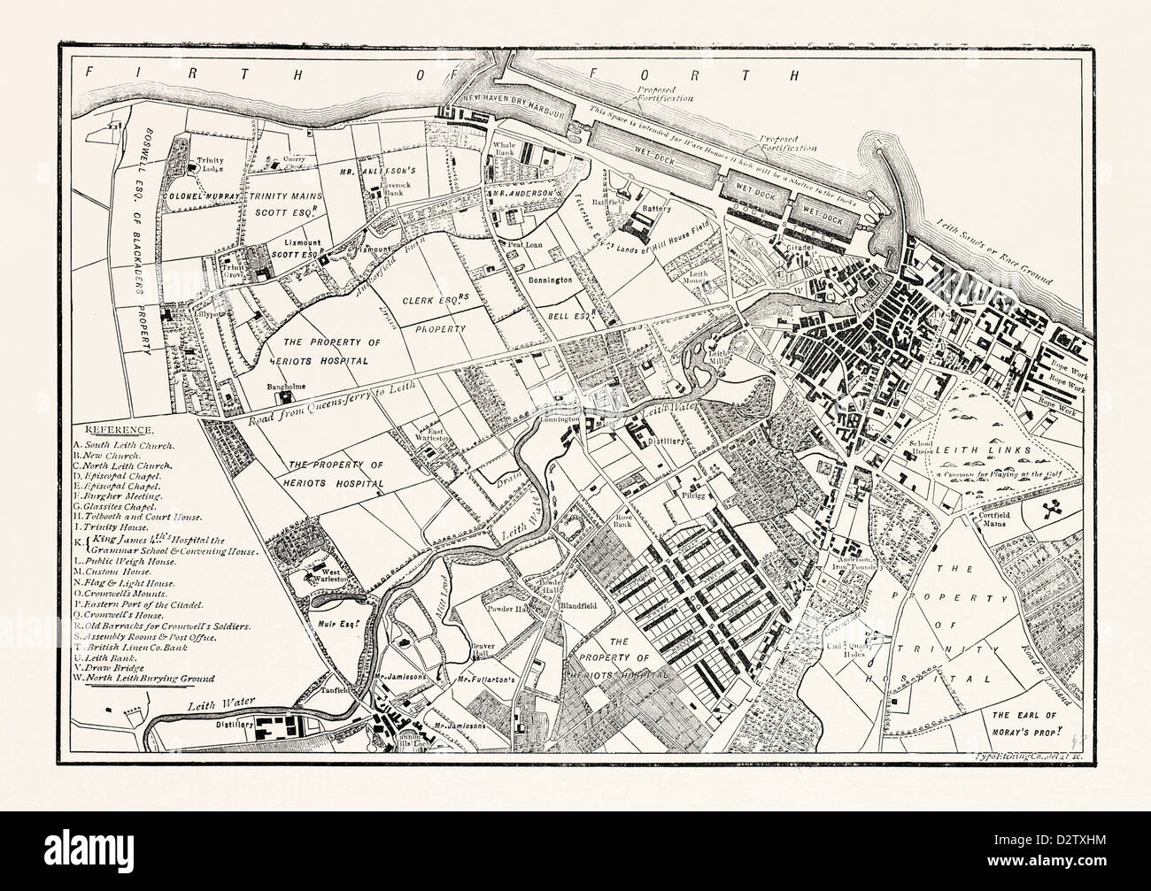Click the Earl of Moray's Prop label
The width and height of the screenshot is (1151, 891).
tap(1030, 719)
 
